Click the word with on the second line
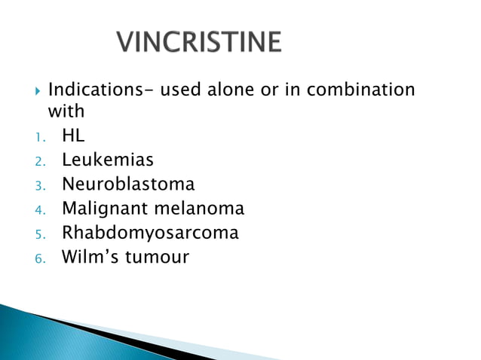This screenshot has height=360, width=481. (66, 111)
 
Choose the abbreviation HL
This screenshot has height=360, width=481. (74, 136)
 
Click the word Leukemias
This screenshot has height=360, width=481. (108, 160)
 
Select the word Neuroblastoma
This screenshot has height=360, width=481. (128, 184)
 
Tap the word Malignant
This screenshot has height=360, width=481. (106, 209)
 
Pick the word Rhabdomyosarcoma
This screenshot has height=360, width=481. (150, 233)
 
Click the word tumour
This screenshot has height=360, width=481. (157, 257)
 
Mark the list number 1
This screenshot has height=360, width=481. (40, 136)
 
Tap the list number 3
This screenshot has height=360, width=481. (40, 185)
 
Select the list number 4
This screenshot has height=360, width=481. (40, 209)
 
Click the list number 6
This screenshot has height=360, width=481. (40, 258)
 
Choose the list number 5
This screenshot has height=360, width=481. (40, 234)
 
